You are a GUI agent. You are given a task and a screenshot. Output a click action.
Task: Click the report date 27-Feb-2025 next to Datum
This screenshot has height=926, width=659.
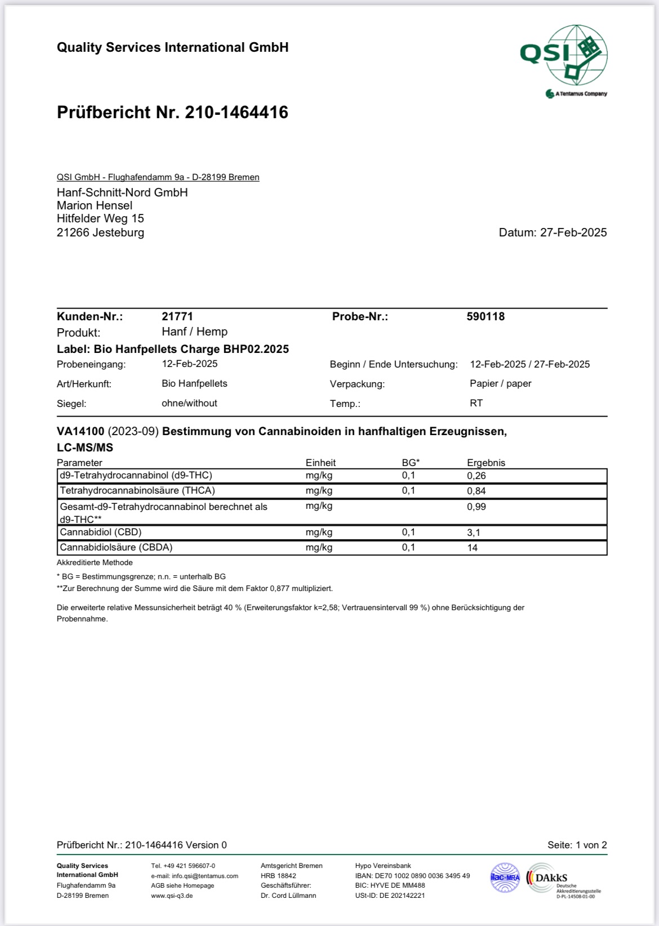(x=573, y=232)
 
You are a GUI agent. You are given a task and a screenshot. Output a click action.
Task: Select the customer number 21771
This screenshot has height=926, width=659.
(x=177, y=316)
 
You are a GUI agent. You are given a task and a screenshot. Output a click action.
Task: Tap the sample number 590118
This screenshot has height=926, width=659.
(x=486, y=316)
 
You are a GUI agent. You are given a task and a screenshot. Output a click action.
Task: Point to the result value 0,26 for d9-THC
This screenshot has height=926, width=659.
(x=477, y=476)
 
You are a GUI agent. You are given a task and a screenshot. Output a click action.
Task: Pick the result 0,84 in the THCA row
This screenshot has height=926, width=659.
(x=477, y=491)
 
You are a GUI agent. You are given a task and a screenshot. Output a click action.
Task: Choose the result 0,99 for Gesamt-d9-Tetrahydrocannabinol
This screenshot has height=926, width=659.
(x=477, y=507)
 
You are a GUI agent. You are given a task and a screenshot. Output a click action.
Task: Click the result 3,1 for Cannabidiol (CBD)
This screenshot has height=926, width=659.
(x=474, y=533)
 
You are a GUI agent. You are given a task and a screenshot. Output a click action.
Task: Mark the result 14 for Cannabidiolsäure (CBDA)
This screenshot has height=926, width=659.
(x=472, y=548)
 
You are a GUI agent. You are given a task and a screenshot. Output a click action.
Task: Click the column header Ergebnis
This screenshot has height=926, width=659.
(x=486, y=463)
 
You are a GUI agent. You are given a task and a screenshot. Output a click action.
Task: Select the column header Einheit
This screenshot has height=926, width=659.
(x=320, y=463)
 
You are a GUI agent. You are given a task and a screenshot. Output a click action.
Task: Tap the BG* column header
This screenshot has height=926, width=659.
(x=411, y=463)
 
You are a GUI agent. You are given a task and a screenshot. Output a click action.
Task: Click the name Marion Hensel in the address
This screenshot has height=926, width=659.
(x=95, y=205)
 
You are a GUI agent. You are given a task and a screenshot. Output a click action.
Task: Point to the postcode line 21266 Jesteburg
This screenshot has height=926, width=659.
(x=100, y=232)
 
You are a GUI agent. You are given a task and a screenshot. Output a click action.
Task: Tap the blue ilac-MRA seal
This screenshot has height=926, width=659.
(x=505, y=878)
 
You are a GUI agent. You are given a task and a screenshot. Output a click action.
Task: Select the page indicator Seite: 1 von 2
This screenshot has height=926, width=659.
(x=577, y=845)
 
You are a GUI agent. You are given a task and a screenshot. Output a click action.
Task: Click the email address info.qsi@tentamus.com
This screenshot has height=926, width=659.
(x=194, y=876)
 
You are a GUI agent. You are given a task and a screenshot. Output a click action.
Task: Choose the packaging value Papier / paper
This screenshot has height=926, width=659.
(x=500, y=383)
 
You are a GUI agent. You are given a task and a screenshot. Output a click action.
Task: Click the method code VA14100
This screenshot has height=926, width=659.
(x=81, y=432)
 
